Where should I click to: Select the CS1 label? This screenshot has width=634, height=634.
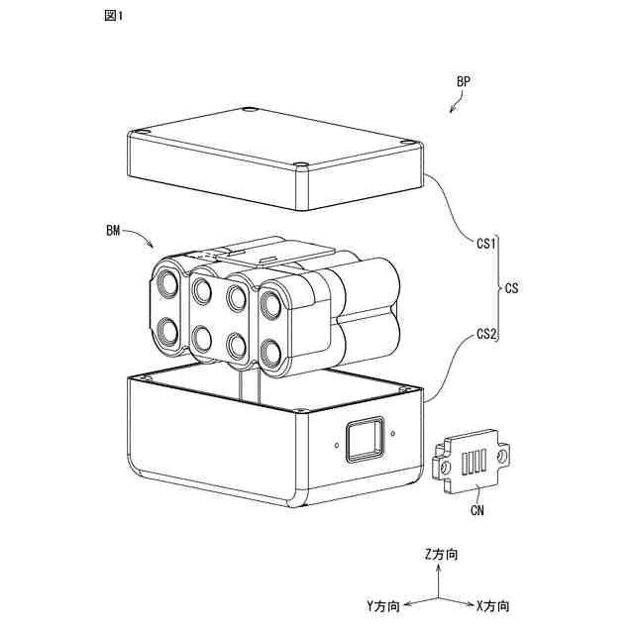(x=486, y=243)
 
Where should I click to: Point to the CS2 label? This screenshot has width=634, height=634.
(x=486, y=334)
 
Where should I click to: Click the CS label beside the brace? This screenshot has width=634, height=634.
(x=512, y=289)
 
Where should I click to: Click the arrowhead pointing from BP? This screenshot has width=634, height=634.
(x=452, y=112)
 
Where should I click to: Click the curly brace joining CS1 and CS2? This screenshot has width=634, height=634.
(x=497, y=289)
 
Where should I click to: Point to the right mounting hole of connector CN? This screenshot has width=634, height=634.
(x=503, y=456)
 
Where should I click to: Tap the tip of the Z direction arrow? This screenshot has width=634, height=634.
(x=434, y=568)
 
